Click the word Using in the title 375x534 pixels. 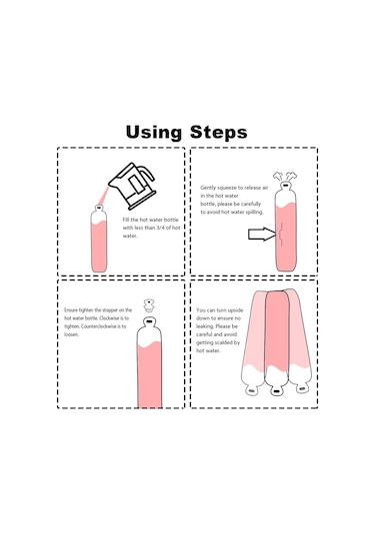[154, 133]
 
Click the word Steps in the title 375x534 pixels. [218, 132]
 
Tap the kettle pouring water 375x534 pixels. [132, 186]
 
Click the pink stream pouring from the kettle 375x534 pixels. [103, 197]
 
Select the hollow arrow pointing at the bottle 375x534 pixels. [262, 235]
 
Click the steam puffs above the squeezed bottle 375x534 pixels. [285, 177]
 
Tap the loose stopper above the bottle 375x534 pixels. [148, 305]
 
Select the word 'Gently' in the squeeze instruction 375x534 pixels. [208, 188]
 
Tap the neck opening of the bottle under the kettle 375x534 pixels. [99, 207]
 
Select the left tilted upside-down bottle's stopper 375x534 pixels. [251, 391]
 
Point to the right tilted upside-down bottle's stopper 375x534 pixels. [302, 388]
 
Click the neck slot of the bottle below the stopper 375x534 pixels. [149, 320]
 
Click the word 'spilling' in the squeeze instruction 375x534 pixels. [254, 213]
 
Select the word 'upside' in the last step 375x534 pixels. [235, 310]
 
